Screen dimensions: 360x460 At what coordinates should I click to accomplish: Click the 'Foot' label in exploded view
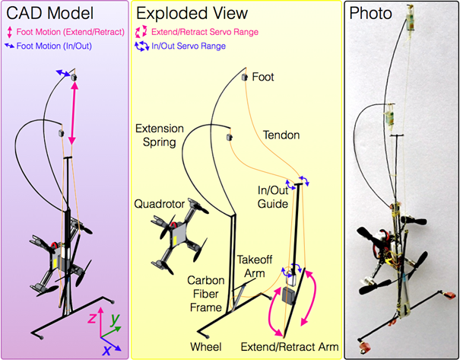click(x=263, y=78)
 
